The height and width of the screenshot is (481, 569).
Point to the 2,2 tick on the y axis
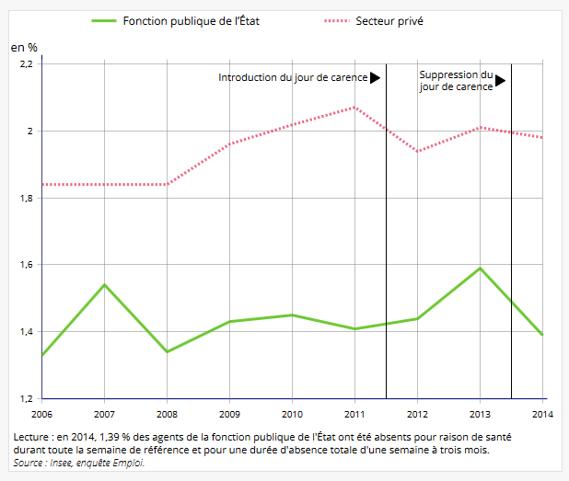[x=25, y=64]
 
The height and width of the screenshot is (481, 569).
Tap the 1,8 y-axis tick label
[x=25, y=198]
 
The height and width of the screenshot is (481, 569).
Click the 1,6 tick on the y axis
[x=25, y=265]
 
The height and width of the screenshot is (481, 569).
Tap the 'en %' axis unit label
[x=24, y=47]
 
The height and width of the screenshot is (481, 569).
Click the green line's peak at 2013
[x=480, y=269]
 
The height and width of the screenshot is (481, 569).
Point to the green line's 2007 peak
[x=105, y=285]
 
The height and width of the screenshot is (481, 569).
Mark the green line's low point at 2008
[x=168, y=351]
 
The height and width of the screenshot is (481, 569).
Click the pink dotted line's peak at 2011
[x=354, y=108]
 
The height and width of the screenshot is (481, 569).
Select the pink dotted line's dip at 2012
[x=417, y=151]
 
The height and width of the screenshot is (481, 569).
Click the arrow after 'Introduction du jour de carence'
[x=375, y=78]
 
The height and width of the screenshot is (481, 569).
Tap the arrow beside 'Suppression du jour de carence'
[x=500, y=81]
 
